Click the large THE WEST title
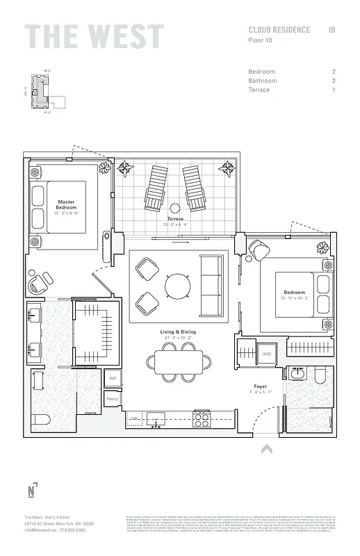pyautogui.click(x=94, y=37)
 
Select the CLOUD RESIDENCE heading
pyautogui.click(x=279, y=30)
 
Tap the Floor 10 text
pyautogui.click(x=261, y=40)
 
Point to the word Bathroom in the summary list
pyautogui.click(x=263, y=81)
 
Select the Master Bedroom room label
pyautogui.click(x=66, y=205)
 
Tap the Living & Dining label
pyautogui.click(x=179, y=332)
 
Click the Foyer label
pyautogui.click(x=260, y=386)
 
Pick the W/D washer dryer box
pyautogui.click(x=266, y=354)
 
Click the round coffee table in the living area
pyautogui.click(x=177, y=285)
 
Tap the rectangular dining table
pyautogui.click(x=179, y=361)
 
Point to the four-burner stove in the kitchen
pyautogui.click(x=202, y=418)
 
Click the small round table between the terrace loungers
pyautogui.click(x=175, y=207)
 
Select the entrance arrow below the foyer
pyautogui.click(x=265, y=450)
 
